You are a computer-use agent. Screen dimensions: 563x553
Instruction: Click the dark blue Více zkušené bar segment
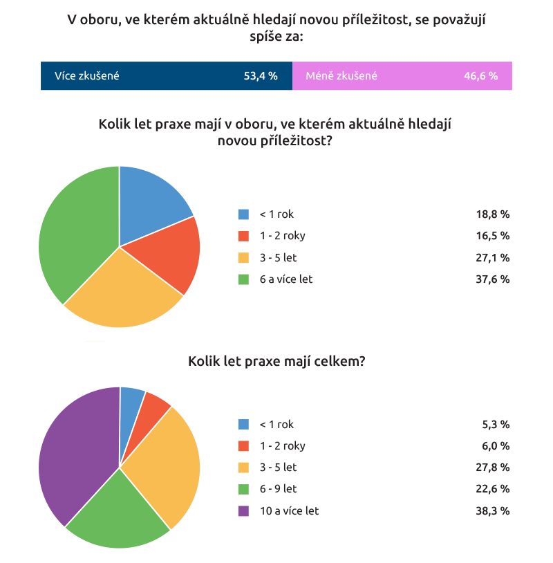click(x=166, y=76)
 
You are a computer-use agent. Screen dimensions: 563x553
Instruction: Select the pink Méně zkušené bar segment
click(x=402, y=76)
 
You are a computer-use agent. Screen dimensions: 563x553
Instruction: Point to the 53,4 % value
click(x=261, y=76)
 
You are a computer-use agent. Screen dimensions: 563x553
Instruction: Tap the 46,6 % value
click(x=481, y=76)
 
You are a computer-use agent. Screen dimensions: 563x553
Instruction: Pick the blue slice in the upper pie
click(x=149, y=201)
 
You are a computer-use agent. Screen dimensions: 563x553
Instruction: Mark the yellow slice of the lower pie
click(x=166, y=463)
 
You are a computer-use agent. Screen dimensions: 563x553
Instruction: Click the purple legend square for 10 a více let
click(x=243, y=510)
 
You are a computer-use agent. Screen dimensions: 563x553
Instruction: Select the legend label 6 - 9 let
click(x=278, y=489)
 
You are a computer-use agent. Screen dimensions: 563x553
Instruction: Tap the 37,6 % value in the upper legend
click(x=493, y=279)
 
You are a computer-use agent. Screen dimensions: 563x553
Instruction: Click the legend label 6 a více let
click(x=286, y=279)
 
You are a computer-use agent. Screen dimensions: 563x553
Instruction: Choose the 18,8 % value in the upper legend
click(x=493, y=214)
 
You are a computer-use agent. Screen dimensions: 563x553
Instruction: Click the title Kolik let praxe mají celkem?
click(x=276, y=362)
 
